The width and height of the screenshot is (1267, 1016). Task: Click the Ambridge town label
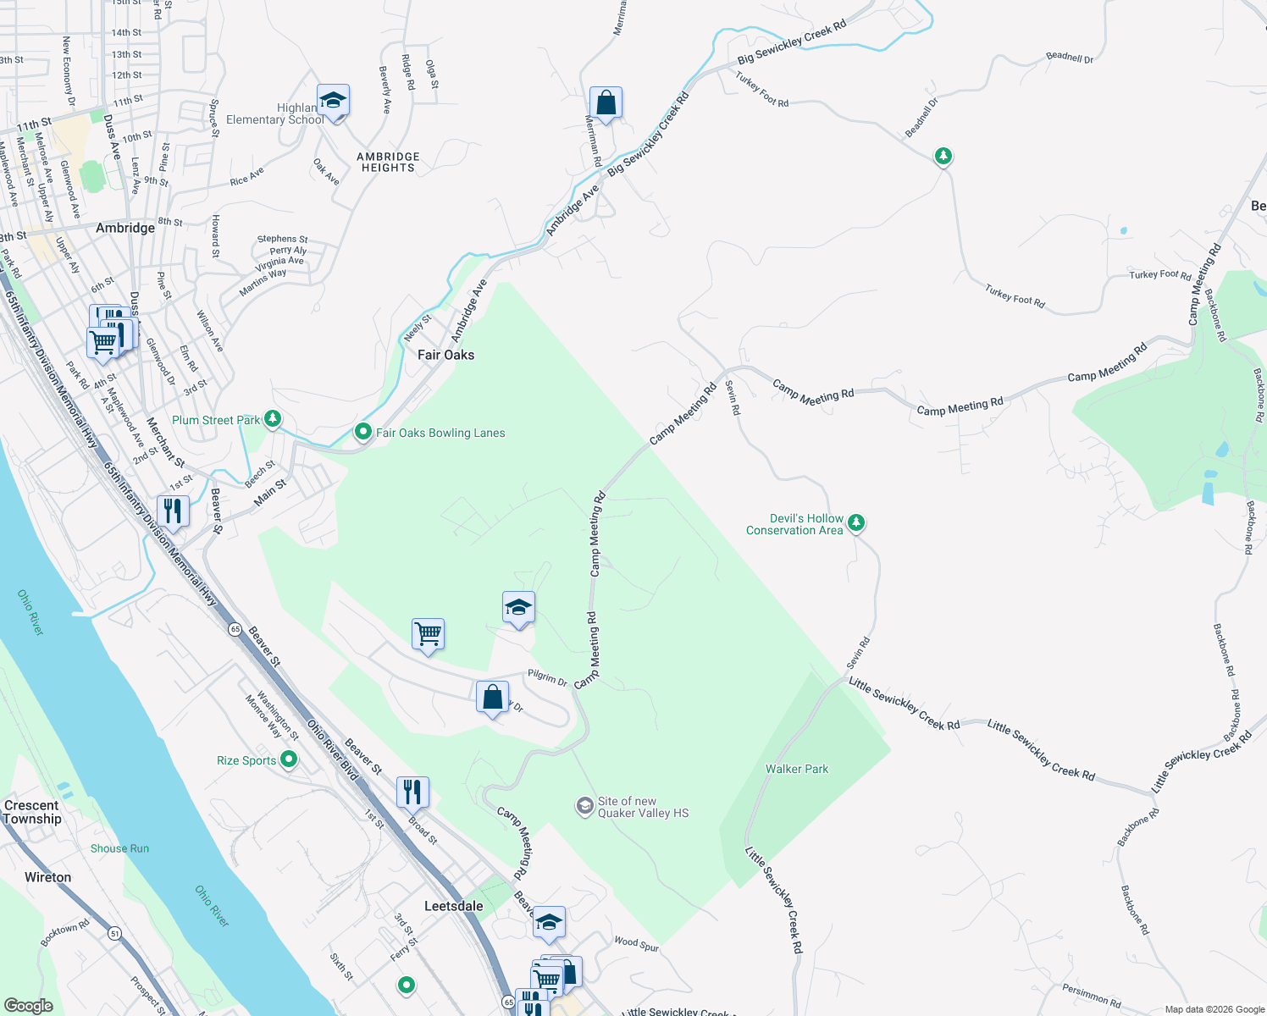(x=125, y=228)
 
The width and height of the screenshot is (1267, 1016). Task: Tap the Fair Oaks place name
(x=445, y=355)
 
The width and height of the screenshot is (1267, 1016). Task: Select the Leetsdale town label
(x=453, y=906)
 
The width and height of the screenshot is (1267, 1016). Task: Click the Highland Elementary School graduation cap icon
(x=333, y=101)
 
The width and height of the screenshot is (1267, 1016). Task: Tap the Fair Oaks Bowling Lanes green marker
(x=363, y=432)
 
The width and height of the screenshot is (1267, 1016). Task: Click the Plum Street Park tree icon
(x=273, y=418)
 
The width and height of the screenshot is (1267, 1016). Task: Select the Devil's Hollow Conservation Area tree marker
(x=856, y=522)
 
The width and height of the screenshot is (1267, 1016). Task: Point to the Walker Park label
(x=797, y=769)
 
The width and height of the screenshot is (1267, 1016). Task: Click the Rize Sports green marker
(x=289, y=759)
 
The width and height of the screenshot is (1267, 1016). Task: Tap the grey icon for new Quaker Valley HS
(x=584, y=806)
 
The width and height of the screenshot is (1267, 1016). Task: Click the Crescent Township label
(x=32, y=812)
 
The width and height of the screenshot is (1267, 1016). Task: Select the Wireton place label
(x=47, y=877)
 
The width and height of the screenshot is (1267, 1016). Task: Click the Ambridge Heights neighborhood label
(x=388, y=162)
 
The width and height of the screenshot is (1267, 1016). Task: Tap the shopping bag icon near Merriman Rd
(x=606, y=103)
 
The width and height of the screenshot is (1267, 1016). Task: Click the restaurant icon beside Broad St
(x=412, y=792)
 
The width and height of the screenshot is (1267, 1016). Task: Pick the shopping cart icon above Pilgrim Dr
(x=428, y=633)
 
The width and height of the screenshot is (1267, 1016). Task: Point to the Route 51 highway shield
(x=114, y=933)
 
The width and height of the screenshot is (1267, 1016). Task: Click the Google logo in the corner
(x=29, y=1005)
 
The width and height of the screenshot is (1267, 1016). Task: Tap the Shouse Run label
(x=119, y=848)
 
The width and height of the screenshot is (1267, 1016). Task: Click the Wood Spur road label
(x=636, y=943)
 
